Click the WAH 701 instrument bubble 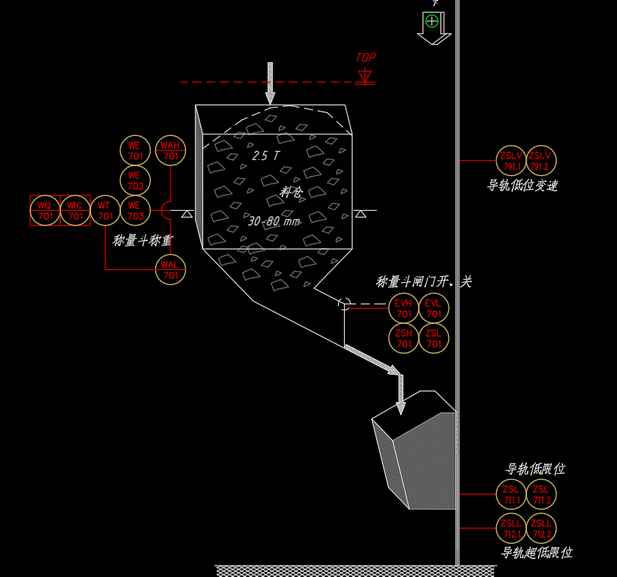171,150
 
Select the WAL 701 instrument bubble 171,269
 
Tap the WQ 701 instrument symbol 45,210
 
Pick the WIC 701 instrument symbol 74,210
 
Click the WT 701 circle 105,210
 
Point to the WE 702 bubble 135,180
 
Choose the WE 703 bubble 135,210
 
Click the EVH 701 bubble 404,308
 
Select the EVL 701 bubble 434,308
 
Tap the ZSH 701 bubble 404,338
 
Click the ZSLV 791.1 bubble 511,160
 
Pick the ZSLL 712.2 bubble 541,528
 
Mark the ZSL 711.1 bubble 511,494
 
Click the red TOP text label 365,58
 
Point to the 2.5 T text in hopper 266,155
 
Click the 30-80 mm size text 274,221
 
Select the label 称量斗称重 143,240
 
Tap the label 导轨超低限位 536,553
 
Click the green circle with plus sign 432,20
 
